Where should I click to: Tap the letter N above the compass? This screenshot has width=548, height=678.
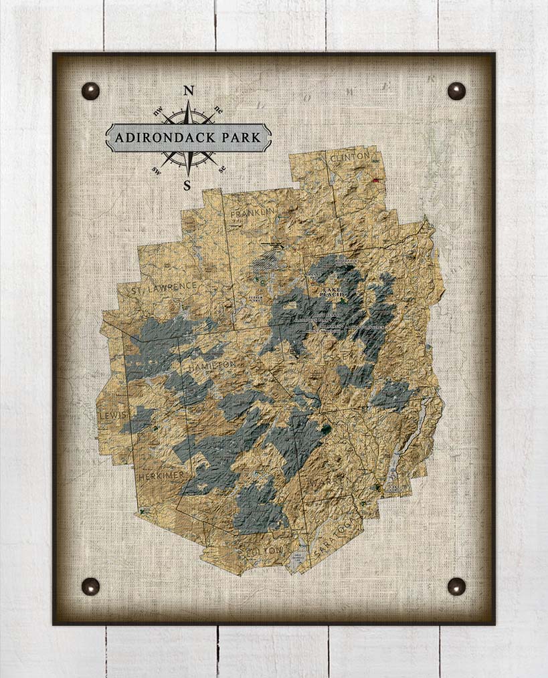(189, 90)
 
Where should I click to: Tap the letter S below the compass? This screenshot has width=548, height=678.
(187, 185)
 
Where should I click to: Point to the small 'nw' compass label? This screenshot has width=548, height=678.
(158, 113)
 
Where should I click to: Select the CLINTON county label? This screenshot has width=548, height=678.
(349, 156)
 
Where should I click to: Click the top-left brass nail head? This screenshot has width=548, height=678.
(90, 91)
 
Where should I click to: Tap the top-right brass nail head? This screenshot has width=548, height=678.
(456, 91)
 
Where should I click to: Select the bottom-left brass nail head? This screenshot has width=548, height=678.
(90, 586)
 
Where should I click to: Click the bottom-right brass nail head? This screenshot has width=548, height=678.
(456, 586)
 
